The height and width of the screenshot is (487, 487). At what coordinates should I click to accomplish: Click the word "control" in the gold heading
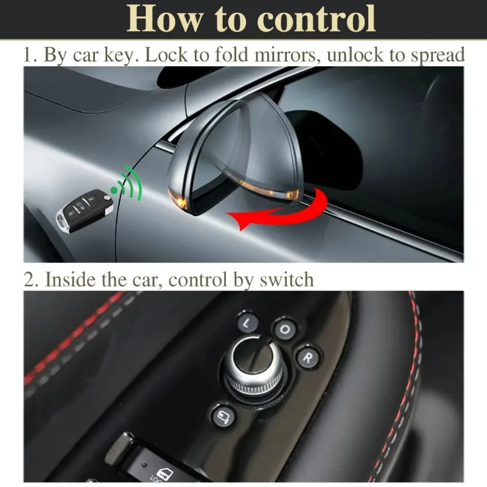point(316,19)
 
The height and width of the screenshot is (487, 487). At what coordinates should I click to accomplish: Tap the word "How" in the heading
point(164,19)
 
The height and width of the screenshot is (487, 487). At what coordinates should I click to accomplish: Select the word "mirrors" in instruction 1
point(287,55)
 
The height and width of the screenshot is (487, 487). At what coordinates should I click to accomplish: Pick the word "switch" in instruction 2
point(287,279)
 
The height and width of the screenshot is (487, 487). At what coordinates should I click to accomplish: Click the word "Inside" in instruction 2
point(70,279)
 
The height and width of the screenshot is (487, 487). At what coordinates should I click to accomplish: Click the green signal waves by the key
point(130,184)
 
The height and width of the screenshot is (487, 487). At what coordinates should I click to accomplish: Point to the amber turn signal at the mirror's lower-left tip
point(179,199)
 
